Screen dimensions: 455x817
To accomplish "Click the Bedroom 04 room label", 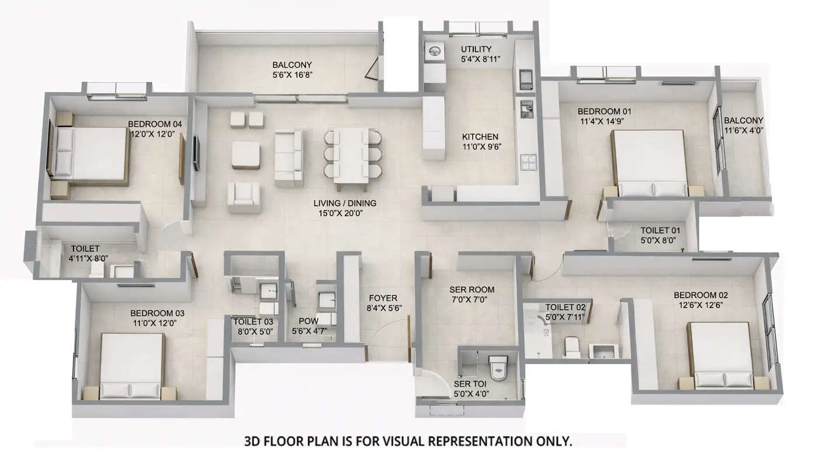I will [155, 124].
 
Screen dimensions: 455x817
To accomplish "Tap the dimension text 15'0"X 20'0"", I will [344, 213].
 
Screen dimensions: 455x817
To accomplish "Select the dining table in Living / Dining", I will [352, 154].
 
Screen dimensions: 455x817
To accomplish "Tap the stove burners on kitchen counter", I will [528, 162].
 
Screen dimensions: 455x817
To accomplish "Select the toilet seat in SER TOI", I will [498, 366].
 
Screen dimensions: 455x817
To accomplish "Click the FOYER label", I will [383, 298].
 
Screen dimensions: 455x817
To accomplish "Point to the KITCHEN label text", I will [480, 137].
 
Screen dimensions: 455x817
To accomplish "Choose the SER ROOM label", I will [472, 289].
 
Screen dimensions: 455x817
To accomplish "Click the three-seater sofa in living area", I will [289, 158].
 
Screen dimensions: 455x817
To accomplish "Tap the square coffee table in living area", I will [246, 155].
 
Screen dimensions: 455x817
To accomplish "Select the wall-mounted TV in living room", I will [197, 153].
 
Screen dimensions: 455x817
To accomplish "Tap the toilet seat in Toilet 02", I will [571, 348].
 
